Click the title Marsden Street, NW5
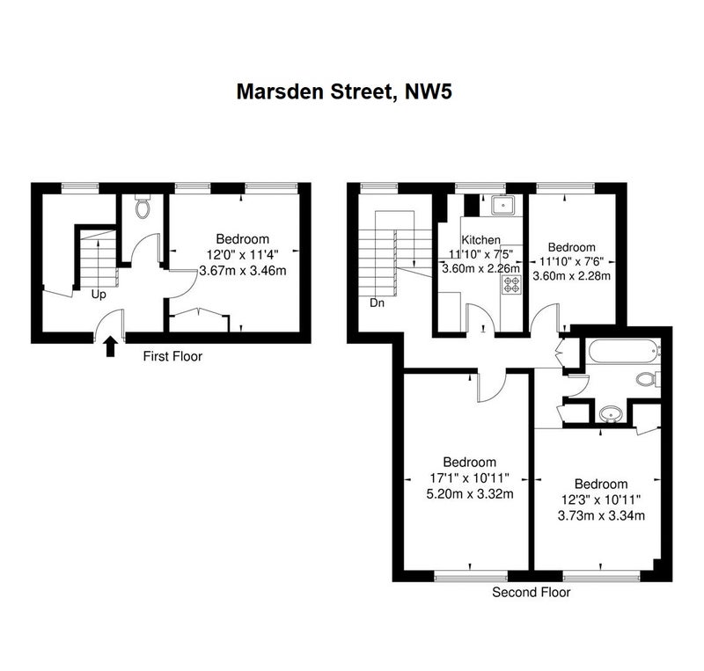[344, 92]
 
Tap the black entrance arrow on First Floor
[111, 347]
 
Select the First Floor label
[172, 356]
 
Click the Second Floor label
[532, 592]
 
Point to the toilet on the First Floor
[143, 206]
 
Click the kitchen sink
[502, 205]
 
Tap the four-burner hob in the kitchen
[511, 285]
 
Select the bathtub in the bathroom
[623, 352]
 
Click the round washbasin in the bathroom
[610, 414]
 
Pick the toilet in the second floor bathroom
[648, 379]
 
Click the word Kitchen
[480, 240]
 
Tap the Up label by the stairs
[99, 295]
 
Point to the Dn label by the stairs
[377, 303]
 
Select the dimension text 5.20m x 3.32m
[470, 494]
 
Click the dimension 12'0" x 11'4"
[243, 255]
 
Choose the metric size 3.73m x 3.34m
[601, 515]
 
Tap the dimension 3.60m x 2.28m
[571, 275]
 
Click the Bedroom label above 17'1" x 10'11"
[470, 462]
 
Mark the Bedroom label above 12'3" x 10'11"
[601, 484]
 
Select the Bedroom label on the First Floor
[243, 239]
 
